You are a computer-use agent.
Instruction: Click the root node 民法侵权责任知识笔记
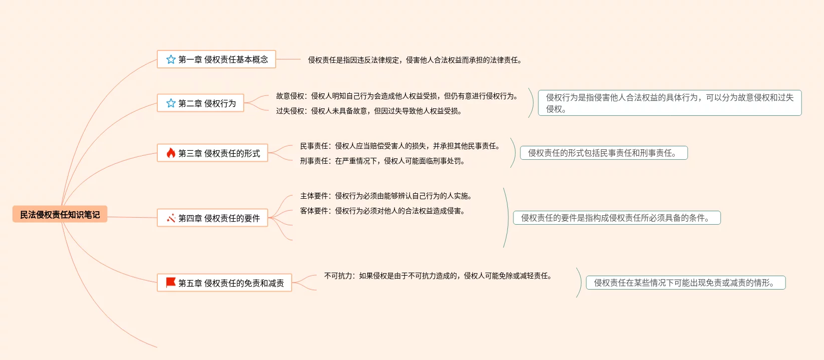[x=60, y=214]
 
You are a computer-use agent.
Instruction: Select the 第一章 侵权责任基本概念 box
[x=216, y=59]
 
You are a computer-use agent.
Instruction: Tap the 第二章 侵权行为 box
[x=200, y=103]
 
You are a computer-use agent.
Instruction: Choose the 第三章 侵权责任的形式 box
[x=212, y=153]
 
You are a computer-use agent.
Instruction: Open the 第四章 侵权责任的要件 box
[x=212, y=218]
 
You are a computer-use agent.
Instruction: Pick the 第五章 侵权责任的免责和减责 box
[x=224, y=283]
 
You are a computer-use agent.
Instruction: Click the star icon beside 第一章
[x=171, y=59]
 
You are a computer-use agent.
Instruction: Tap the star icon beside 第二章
[x=171, y=103]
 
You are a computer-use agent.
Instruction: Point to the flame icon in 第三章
[x=171, y=153]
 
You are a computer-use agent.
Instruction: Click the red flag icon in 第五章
[x=171, y=283]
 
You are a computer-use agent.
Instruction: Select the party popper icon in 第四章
[x=171, y=218]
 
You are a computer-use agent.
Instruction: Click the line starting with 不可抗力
[x=438, y=276]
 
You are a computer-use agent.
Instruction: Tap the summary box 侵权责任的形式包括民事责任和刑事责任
[x=604, y=153]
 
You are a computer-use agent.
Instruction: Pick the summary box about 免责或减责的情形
[x=686, y=283]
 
